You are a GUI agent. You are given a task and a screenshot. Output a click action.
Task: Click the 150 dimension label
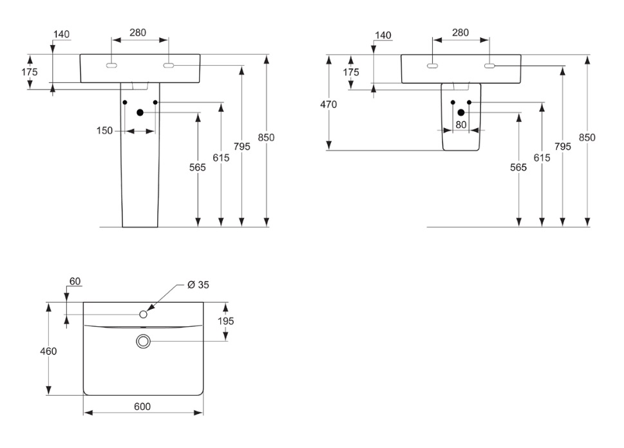[104, 131]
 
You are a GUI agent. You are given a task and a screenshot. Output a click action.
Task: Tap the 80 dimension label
[461, 125]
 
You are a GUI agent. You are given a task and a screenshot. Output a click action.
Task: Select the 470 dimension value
[328, 104]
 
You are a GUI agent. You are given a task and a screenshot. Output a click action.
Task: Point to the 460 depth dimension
[48, 351]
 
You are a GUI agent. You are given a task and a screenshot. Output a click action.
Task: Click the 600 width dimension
[142, 406]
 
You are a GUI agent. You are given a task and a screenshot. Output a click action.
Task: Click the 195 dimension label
[226, 321]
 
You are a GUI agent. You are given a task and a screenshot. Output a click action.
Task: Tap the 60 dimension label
[75, 281]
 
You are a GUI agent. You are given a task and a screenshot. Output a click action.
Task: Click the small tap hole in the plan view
[144, 314]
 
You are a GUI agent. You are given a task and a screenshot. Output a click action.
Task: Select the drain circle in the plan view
[143, 341]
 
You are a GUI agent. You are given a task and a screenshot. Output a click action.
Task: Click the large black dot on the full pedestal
[140, 113]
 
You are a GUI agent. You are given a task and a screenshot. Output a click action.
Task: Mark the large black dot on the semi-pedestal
[461, 113]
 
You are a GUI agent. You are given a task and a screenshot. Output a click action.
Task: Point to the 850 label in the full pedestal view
[266, 137]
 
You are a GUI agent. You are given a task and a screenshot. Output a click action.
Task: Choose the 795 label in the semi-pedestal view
[563, 146]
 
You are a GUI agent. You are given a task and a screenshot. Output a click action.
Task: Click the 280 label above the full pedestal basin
[138, 32]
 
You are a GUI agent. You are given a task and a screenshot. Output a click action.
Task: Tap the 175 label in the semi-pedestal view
[351, 72]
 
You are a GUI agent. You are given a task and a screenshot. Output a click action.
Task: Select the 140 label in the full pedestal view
[62, 34]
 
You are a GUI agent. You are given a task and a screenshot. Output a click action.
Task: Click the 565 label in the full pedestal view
[198, 167]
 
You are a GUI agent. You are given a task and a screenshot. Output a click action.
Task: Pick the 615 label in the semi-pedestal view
[542, 158]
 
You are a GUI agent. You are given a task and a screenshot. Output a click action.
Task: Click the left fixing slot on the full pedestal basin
[111, 66]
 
